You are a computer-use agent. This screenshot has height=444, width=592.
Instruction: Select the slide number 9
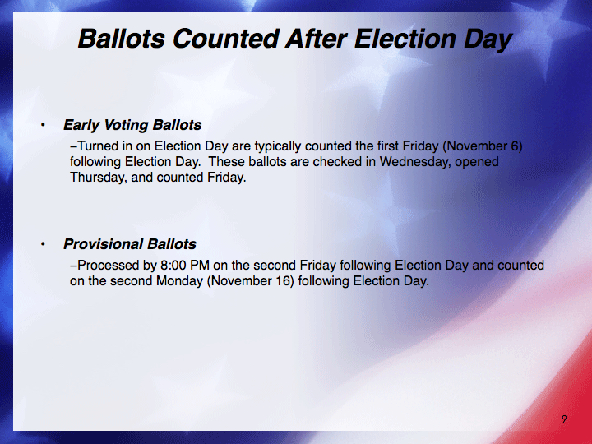(x=564, y=419)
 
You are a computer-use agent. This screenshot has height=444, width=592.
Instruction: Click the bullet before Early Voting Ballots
(x=43, y=125)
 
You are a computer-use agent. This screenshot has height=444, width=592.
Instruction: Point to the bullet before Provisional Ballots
(x=43, y=244)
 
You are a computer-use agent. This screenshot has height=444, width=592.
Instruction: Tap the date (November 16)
(x=250, y=281)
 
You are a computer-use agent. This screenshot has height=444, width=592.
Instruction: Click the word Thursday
(x=98, y=178)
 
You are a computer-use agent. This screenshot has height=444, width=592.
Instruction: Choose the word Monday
(x=179, y=281)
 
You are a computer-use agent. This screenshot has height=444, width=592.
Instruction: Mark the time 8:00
(x=173, y=266)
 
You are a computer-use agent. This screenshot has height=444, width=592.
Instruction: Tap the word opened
(x=477, y=162)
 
